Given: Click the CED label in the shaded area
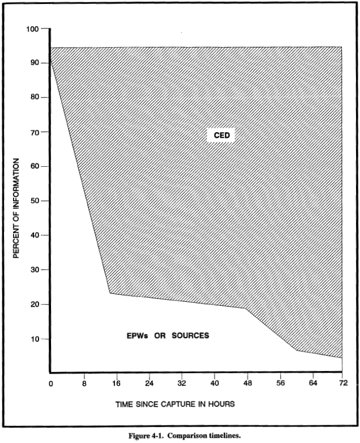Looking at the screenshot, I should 220,136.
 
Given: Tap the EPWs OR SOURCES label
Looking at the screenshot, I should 168,335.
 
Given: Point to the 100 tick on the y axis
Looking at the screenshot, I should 33,29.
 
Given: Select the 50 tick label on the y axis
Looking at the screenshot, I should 33,201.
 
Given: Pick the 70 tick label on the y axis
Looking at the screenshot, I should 33,132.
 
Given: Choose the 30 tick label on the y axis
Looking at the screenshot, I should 33,270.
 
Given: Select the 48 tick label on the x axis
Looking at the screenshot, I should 248,383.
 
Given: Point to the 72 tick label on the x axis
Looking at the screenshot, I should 342,383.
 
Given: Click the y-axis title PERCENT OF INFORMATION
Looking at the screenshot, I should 17,208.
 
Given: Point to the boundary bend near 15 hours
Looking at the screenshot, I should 109,293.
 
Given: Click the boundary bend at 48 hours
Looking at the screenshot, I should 246,309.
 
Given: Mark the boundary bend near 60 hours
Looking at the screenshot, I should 297,351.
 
